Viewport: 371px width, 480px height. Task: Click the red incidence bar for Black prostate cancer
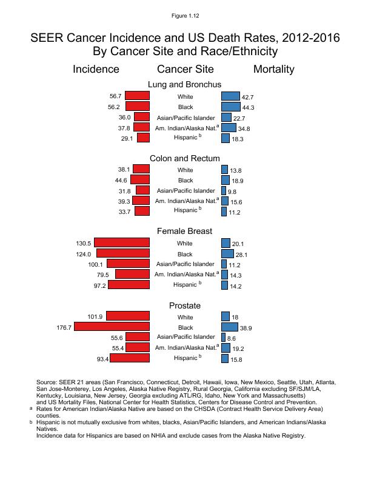pos(112,327)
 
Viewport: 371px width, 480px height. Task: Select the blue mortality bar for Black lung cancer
pos(231,107)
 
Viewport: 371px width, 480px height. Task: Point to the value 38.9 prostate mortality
pos(247,328)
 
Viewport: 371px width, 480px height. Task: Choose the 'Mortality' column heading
pos(273,69)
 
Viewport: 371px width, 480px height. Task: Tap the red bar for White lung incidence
pos(138,96)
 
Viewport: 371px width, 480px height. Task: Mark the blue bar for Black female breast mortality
pos(228,254)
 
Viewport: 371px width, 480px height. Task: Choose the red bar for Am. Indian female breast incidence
pos(132,274)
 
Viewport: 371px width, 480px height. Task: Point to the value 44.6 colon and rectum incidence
pos(120,180)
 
